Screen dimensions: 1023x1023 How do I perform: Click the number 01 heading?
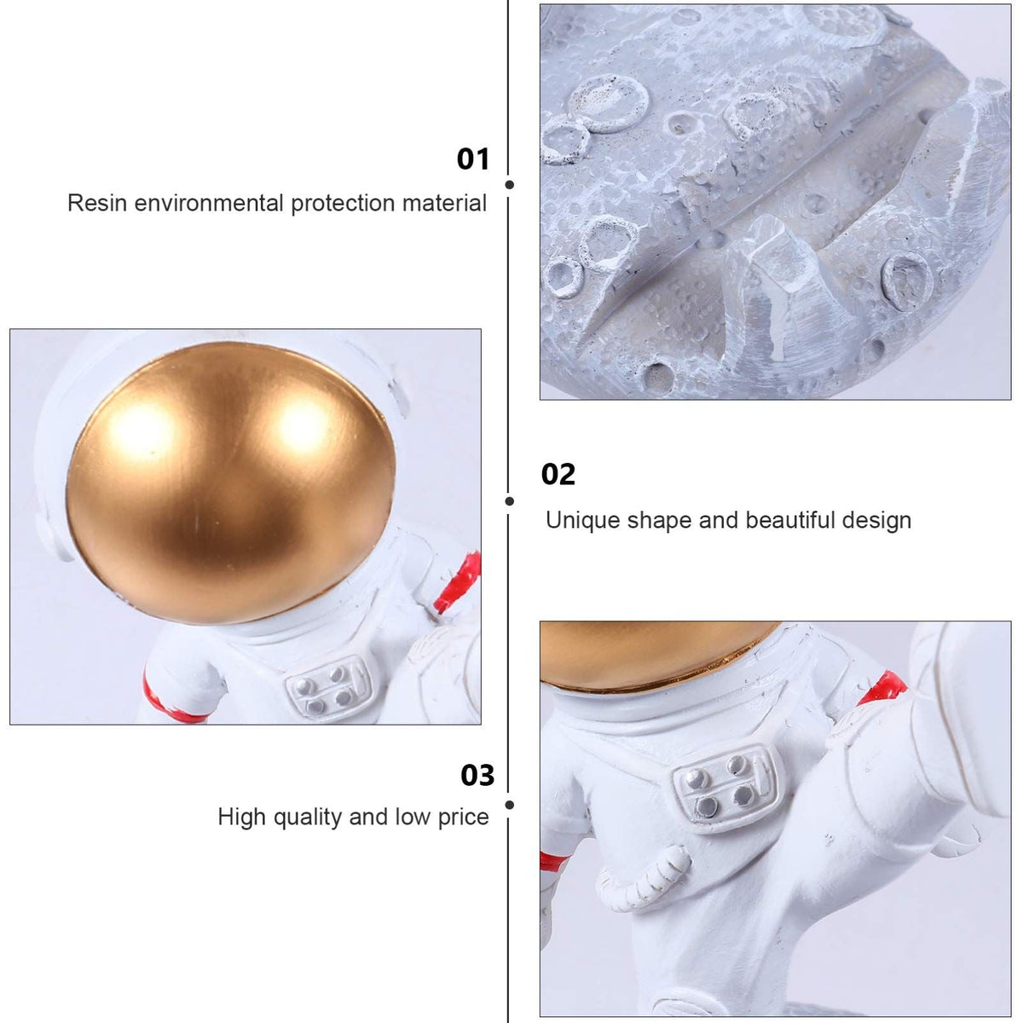(473, 159)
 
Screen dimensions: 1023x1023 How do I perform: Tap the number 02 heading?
(558, 474)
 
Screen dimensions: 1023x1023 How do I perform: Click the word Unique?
(582, 521)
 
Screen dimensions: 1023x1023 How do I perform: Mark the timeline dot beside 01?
(510, 185)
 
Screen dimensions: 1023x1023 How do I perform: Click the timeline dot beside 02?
(510, 501)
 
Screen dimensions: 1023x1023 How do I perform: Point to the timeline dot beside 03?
(510, 806)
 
